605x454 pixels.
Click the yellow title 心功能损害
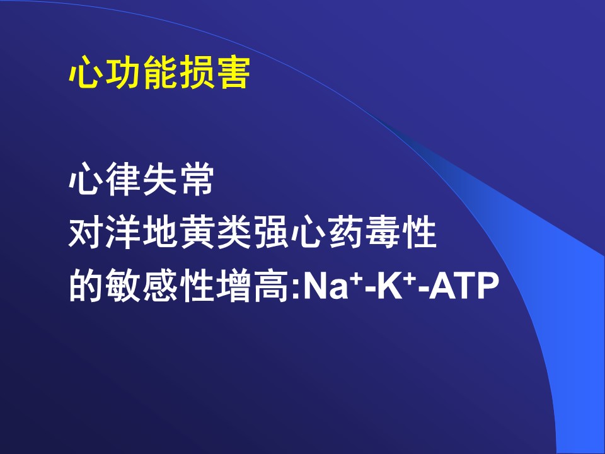(159, 73)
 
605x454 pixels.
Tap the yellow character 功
(123, 73)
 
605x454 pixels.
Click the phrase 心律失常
(141, 179)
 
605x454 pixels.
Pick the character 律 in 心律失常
(123, 179)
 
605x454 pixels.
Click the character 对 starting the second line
(86, 232)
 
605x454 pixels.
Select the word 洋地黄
(141, 232)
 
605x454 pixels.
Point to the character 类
(233, 232)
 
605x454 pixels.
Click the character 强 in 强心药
(270, 232)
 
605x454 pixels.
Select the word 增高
(252, 286)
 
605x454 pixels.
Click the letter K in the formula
(389, 286)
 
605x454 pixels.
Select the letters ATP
(464, 286)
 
